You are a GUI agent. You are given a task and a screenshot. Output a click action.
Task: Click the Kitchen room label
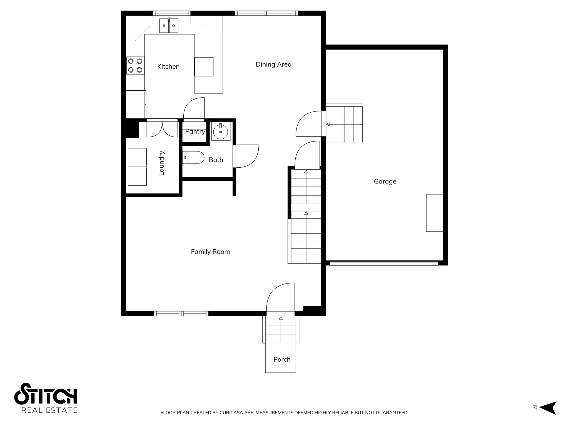(x=168, y=67)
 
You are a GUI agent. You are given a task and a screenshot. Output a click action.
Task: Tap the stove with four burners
(x=135, y=66)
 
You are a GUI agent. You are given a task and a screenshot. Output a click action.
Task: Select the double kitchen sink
(x=169, y=26)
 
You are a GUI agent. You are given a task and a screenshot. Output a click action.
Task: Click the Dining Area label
(x=273, y=64)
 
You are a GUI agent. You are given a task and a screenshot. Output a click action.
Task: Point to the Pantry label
(x=195, y=132)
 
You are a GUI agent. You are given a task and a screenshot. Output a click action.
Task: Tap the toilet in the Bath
(x=193, y=157)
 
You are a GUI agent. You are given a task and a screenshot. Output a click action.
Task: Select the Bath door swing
(x=247, y=156)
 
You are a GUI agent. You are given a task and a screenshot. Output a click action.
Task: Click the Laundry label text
(x=161, y=163)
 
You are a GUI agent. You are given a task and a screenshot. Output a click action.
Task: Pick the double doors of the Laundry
(x=162, y=129)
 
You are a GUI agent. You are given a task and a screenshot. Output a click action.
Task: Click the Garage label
(x=385, y=182)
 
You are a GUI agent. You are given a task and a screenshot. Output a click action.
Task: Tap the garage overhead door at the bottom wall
(x=384, y=263)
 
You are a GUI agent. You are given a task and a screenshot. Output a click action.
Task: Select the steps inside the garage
(x=344, y=124)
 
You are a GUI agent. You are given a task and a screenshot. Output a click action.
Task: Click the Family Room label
(x=210, y=252)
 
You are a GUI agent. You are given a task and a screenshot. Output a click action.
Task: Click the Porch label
(x=282, y=359)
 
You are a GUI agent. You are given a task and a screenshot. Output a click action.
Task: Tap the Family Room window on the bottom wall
(x=181, y=314)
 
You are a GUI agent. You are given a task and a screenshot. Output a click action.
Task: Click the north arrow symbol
(x=547, y=408)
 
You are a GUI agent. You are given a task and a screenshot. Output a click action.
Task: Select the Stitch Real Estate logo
(x=46, y=398)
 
